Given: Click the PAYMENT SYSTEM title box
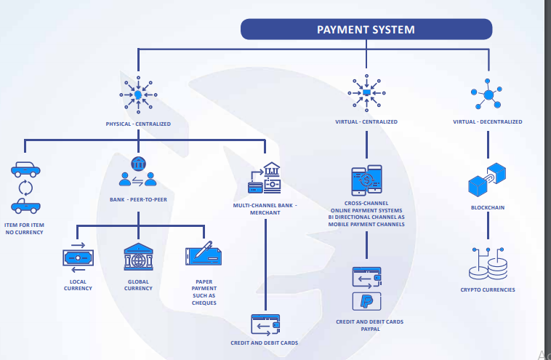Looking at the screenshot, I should [366, 29].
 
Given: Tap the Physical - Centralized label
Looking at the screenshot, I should [138, 124].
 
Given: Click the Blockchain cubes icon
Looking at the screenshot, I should [487, 179].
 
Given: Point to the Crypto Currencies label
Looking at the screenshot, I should [487, 289].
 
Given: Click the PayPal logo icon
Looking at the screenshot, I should [366, 301].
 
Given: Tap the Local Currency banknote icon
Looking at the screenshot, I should [78, 257].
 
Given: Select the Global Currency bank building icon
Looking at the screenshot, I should [138, 257].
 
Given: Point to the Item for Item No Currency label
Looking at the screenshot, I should [24, 228].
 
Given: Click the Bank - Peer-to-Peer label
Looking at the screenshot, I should [138, 199].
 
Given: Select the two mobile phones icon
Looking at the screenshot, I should [366, 182].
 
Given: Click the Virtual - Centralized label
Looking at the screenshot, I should [366, 121].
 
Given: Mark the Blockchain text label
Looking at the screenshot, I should [487, 207].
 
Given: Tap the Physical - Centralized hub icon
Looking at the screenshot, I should [138, 95].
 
